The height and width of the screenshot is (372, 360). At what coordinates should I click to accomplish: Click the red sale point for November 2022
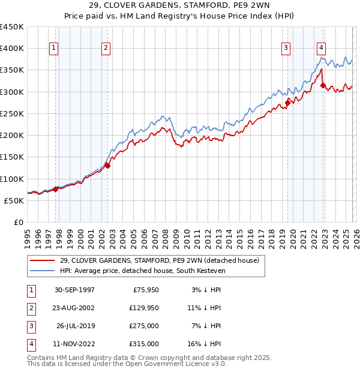[323, 85]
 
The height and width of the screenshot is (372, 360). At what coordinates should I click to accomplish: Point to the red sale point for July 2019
[287, 103]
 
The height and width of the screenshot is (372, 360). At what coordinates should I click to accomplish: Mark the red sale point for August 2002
[108, 166]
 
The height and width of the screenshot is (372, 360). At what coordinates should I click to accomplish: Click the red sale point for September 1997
[56, 189]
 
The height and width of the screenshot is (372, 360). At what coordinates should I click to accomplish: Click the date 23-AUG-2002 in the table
[74, 308]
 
